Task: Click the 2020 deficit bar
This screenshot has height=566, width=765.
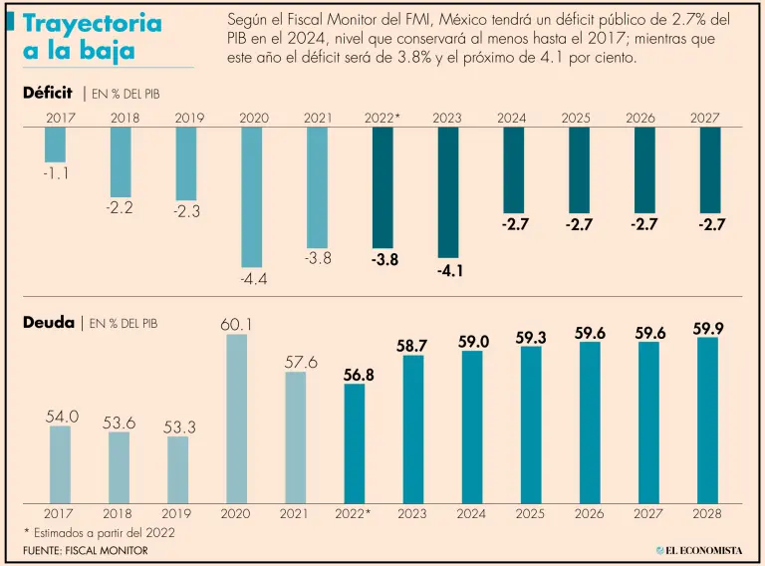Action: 252,197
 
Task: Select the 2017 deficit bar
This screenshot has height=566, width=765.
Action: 56,145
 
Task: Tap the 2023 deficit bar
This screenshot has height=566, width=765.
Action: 448,192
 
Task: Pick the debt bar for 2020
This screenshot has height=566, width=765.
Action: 237,419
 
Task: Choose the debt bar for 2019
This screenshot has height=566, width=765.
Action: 178,469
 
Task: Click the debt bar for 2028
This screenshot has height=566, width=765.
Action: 707,420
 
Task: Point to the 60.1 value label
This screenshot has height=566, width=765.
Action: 238,324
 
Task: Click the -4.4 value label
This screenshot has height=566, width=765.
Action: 253,280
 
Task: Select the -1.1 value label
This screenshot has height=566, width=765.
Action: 56,173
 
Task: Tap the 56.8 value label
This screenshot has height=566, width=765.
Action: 355,374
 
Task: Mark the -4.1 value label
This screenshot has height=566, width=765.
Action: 448,270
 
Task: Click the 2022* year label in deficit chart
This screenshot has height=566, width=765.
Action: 382,119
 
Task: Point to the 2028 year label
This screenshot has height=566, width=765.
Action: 707,513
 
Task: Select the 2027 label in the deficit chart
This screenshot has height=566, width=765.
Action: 705,119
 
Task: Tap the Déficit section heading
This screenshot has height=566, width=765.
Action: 48,94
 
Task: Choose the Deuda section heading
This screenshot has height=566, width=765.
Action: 48,323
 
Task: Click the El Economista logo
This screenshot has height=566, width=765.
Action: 700,550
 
